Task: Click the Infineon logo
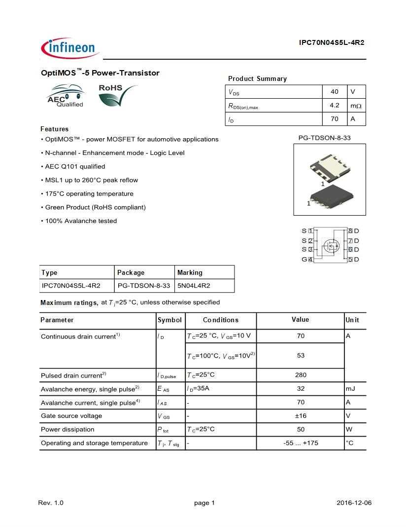[x=70, y=47]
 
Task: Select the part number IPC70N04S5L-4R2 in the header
[x=331, y=42]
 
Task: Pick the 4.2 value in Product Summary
[x=335, y=105]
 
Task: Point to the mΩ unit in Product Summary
[x=356, y=106]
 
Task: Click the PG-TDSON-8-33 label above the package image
[x=324, y=138]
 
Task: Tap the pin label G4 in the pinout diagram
[x=307, y=260]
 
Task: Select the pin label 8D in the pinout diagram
[x=353, y=231]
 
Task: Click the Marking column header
[x=190, y=272]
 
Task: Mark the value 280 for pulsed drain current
[x=301, y=375]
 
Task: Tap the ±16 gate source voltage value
[x=301, y=416]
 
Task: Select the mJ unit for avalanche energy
[x=350, y=389]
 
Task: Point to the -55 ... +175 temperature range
[x=301, y=443]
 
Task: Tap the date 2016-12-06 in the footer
[x=354, y=503]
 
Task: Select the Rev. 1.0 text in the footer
[x=51, y=503]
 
